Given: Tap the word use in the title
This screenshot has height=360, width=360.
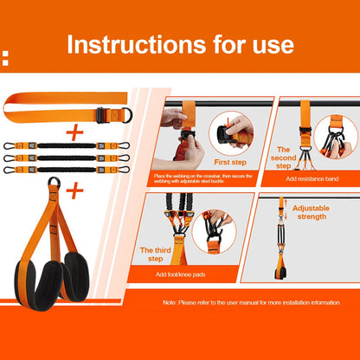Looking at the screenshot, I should [267, 44].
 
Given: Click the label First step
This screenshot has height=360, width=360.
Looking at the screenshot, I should [231, 162].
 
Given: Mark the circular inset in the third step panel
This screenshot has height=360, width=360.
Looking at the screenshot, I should [211, 234].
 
